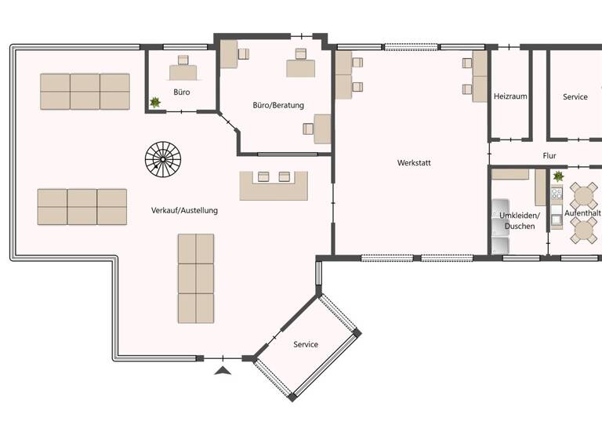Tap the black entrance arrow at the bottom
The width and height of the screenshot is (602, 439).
pos(223,370)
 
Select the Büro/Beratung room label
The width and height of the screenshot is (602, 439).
pos(278,105)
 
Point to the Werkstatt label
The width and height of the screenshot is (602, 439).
pos(414,163)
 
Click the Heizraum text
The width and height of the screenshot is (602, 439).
pos(510,96)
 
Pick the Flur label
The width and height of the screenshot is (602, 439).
pos(549,156)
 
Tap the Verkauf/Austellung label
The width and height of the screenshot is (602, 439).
pos(184,211)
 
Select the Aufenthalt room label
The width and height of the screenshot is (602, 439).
pos(583,213)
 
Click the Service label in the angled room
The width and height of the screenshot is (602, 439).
pos(306,344)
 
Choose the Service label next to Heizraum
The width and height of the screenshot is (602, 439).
pos(575,96)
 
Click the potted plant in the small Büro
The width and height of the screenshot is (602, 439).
pos(155,102)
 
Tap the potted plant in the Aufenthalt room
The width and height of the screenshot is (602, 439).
pos(558,176)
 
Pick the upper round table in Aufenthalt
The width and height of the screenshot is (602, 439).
pos(583,194)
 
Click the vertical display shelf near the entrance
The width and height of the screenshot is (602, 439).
pos(195,278)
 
